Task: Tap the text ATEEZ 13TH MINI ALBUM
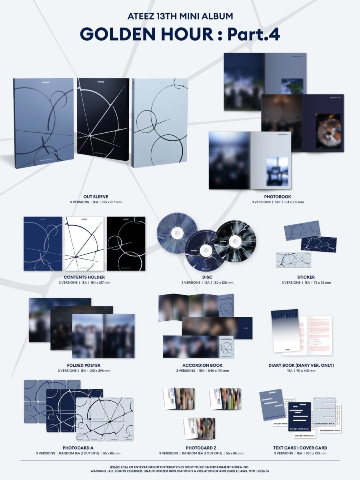coord(180,16)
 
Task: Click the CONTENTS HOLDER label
coord(84,277)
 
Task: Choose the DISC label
coord(207,277)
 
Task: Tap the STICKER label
coord(306,277)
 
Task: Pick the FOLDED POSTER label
coord(84,365)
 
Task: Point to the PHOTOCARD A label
coord(84,448)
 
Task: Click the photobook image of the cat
coord(328,131)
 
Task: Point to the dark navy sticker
coord(318,244)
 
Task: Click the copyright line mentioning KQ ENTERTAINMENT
coord(180,467)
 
